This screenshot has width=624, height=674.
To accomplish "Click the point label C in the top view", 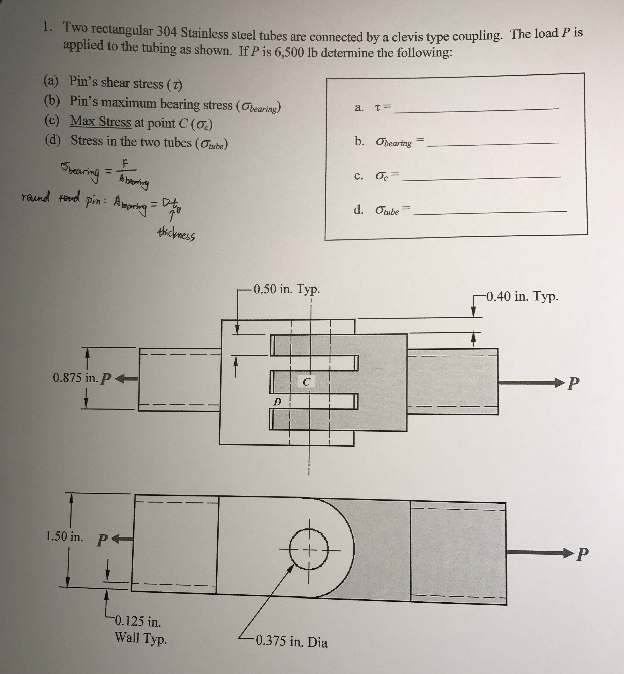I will [306, 382].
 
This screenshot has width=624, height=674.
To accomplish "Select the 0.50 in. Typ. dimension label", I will [286, 289].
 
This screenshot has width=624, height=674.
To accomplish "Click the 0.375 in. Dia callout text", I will [291, 641].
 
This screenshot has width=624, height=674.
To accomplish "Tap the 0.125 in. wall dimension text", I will [138, 621].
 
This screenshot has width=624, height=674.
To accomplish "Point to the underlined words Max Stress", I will [100, 121].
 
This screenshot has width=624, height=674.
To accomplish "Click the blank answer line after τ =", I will [476, 108].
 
